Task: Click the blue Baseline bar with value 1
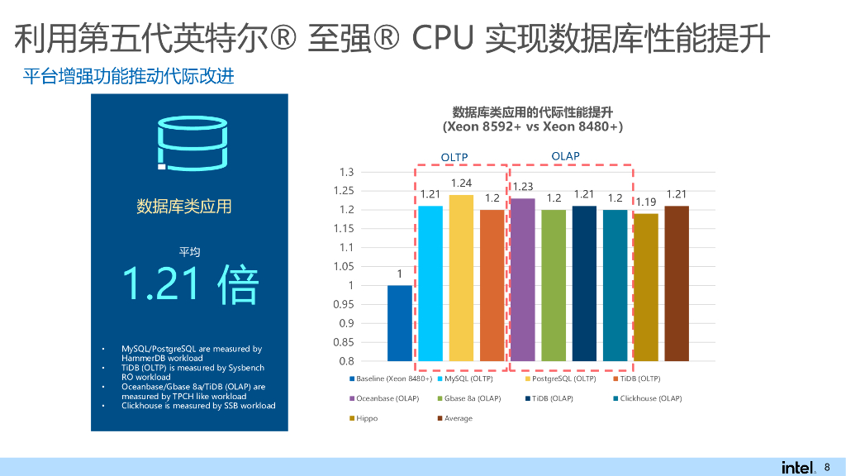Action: pyautogui.click(x=400, y=323)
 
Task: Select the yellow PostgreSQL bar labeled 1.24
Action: pyautogui.click(x=461, y=278)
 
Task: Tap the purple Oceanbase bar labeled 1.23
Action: pyautogui.click(x=523, y=280)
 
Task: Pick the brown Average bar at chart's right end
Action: pyautogui.click(x=676, y=283)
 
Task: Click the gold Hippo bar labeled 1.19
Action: pyautogui.click(x=645, y=288)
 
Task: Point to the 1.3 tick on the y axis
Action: pyautogui.click(x=346, y=172)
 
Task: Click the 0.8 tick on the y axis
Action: pyautogui.click(x=346, y=361)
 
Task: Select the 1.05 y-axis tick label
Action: pyautogui.click(x=343, y=266)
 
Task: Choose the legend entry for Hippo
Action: pyautogui.click(x=366, y=418)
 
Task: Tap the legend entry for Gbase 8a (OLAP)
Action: pyautogui.click(x=472, y=398)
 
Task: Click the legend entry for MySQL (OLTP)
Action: pyautogui.click(x=468, y=378)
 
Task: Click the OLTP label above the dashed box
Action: pyautogui.click(x=454, y=157)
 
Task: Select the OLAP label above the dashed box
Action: pyautogui.click(x=566, y=156)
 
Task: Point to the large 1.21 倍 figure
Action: pyautogui.click(x=190, y=283)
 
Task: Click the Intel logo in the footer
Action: pyautogui.click(x=796, y=467)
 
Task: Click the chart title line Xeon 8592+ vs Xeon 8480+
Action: pyautogui.click(x=533, y=127)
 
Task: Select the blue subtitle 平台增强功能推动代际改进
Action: pyautogui.click(x=128, y=77)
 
